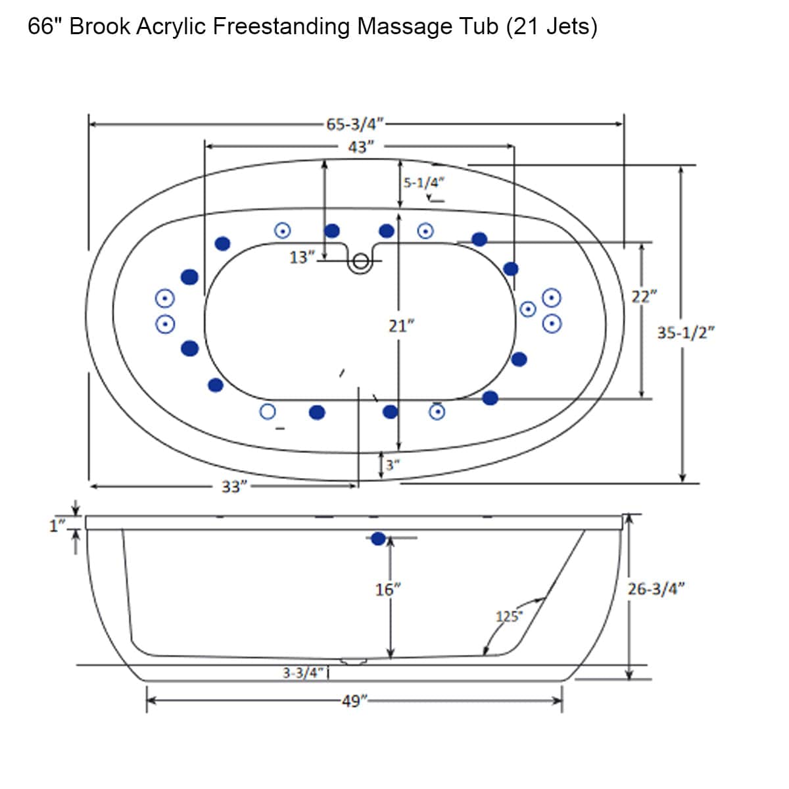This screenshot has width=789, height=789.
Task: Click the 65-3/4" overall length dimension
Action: point(355,124)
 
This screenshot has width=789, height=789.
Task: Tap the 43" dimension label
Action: point(361,147)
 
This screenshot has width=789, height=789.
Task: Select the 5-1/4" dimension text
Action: point(424,182)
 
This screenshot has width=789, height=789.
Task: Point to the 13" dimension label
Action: point(300,257)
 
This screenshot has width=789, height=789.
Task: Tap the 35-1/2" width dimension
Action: point(686,333)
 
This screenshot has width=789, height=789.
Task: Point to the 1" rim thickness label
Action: point(58,525)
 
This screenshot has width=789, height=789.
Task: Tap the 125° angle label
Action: point(508,617)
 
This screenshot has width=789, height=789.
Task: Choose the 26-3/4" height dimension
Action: point(656,588)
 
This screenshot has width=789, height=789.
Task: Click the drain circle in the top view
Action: point(360,262)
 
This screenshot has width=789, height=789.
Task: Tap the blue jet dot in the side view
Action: point(377,539)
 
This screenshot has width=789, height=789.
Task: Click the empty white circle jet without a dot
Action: point(267,412)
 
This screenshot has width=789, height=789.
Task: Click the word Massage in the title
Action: point(404,27)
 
